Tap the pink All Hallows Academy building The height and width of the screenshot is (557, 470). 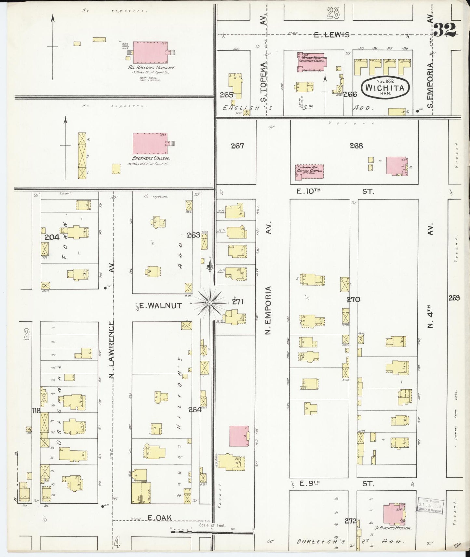point(150,52)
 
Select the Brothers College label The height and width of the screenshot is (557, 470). point(151,158)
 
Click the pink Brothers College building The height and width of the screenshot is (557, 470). point(150,143)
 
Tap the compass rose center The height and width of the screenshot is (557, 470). point(210,303)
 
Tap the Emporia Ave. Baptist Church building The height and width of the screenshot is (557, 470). point(309,171)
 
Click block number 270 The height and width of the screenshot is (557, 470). point(353,299)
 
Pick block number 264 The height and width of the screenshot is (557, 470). point(195,409)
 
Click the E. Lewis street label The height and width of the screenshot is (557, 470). point(331,35)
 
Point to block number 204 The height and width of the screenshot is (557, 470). point(52,237)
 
